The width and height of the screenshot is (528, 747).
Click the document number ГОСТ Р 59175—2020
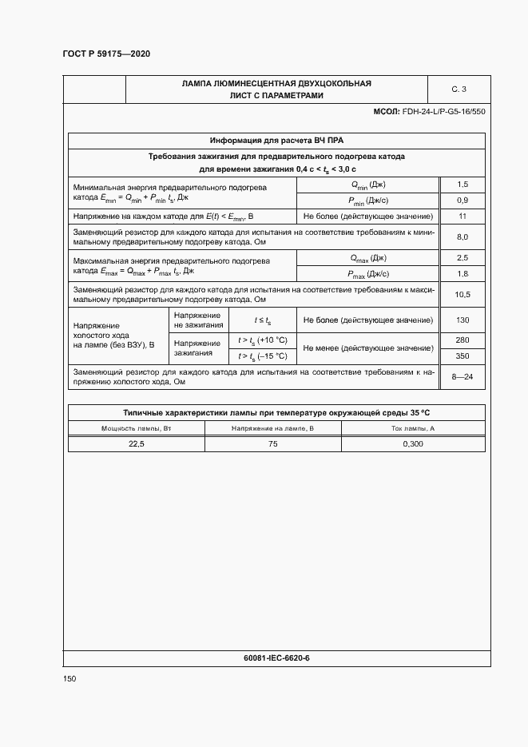click(106, 54)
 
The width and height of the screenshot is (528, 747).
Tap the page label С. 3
click(459, 89)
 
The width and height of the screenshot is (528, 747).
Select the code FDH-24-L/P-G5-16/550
click(444, 112)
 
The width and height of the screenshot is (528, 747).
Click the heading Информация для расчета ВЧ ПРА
click(276, 140)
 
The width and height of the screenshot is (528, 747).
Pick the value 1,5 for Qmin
click(462, 185)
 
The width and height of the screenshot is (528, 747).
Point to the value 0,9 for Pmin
click(462, 200)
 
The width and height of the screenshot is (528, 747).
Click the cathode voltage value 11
click(462, 217)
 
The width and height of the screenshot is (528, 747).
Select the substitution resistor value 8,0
click(462, 236)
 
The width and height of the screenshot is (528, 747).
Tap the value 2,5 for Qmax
click(462, 258)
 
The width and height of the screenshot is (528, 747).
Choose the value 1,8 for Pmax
click(462, 274)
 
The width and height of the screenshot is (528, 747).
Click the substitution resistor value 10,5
click(462, 294)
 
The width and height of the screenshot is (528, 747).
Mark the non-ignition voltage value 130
click(462, 320)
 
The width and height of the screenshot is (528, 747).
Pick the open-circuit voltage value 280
click(462, 340)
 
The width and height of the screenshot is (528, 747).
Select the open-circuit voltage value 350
click(462, 356)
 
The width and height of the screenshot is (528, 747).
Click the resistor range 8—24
click(462, 376)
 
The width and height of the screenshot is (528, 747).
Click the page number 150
click(69, 678)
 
